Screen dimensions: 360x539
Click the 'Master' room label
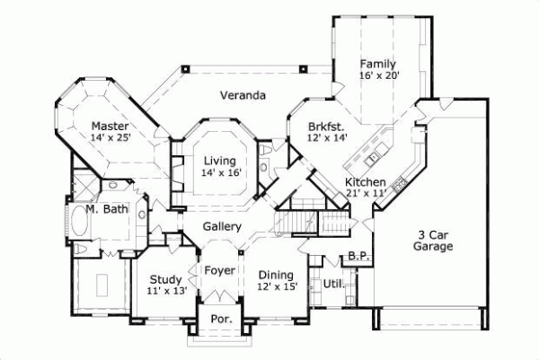tap(110, 126)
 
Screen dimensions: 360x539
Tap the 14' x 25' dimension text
tap(110, 138)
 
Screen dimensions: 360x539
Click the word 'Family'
tap(378, 64)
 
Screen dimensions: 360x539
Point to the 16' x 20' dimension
tap(378, 76)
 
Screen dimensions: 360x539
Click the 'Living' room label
tap(220, 161)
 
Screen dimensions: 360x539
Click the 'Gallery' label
tap(221, 226)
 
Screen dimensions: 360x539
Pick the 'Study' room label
tap(165, 279)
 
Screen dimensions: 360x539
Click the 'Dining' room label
tap(276, 275)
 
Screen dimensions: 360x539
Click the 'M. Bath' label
tap(105, 211)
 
